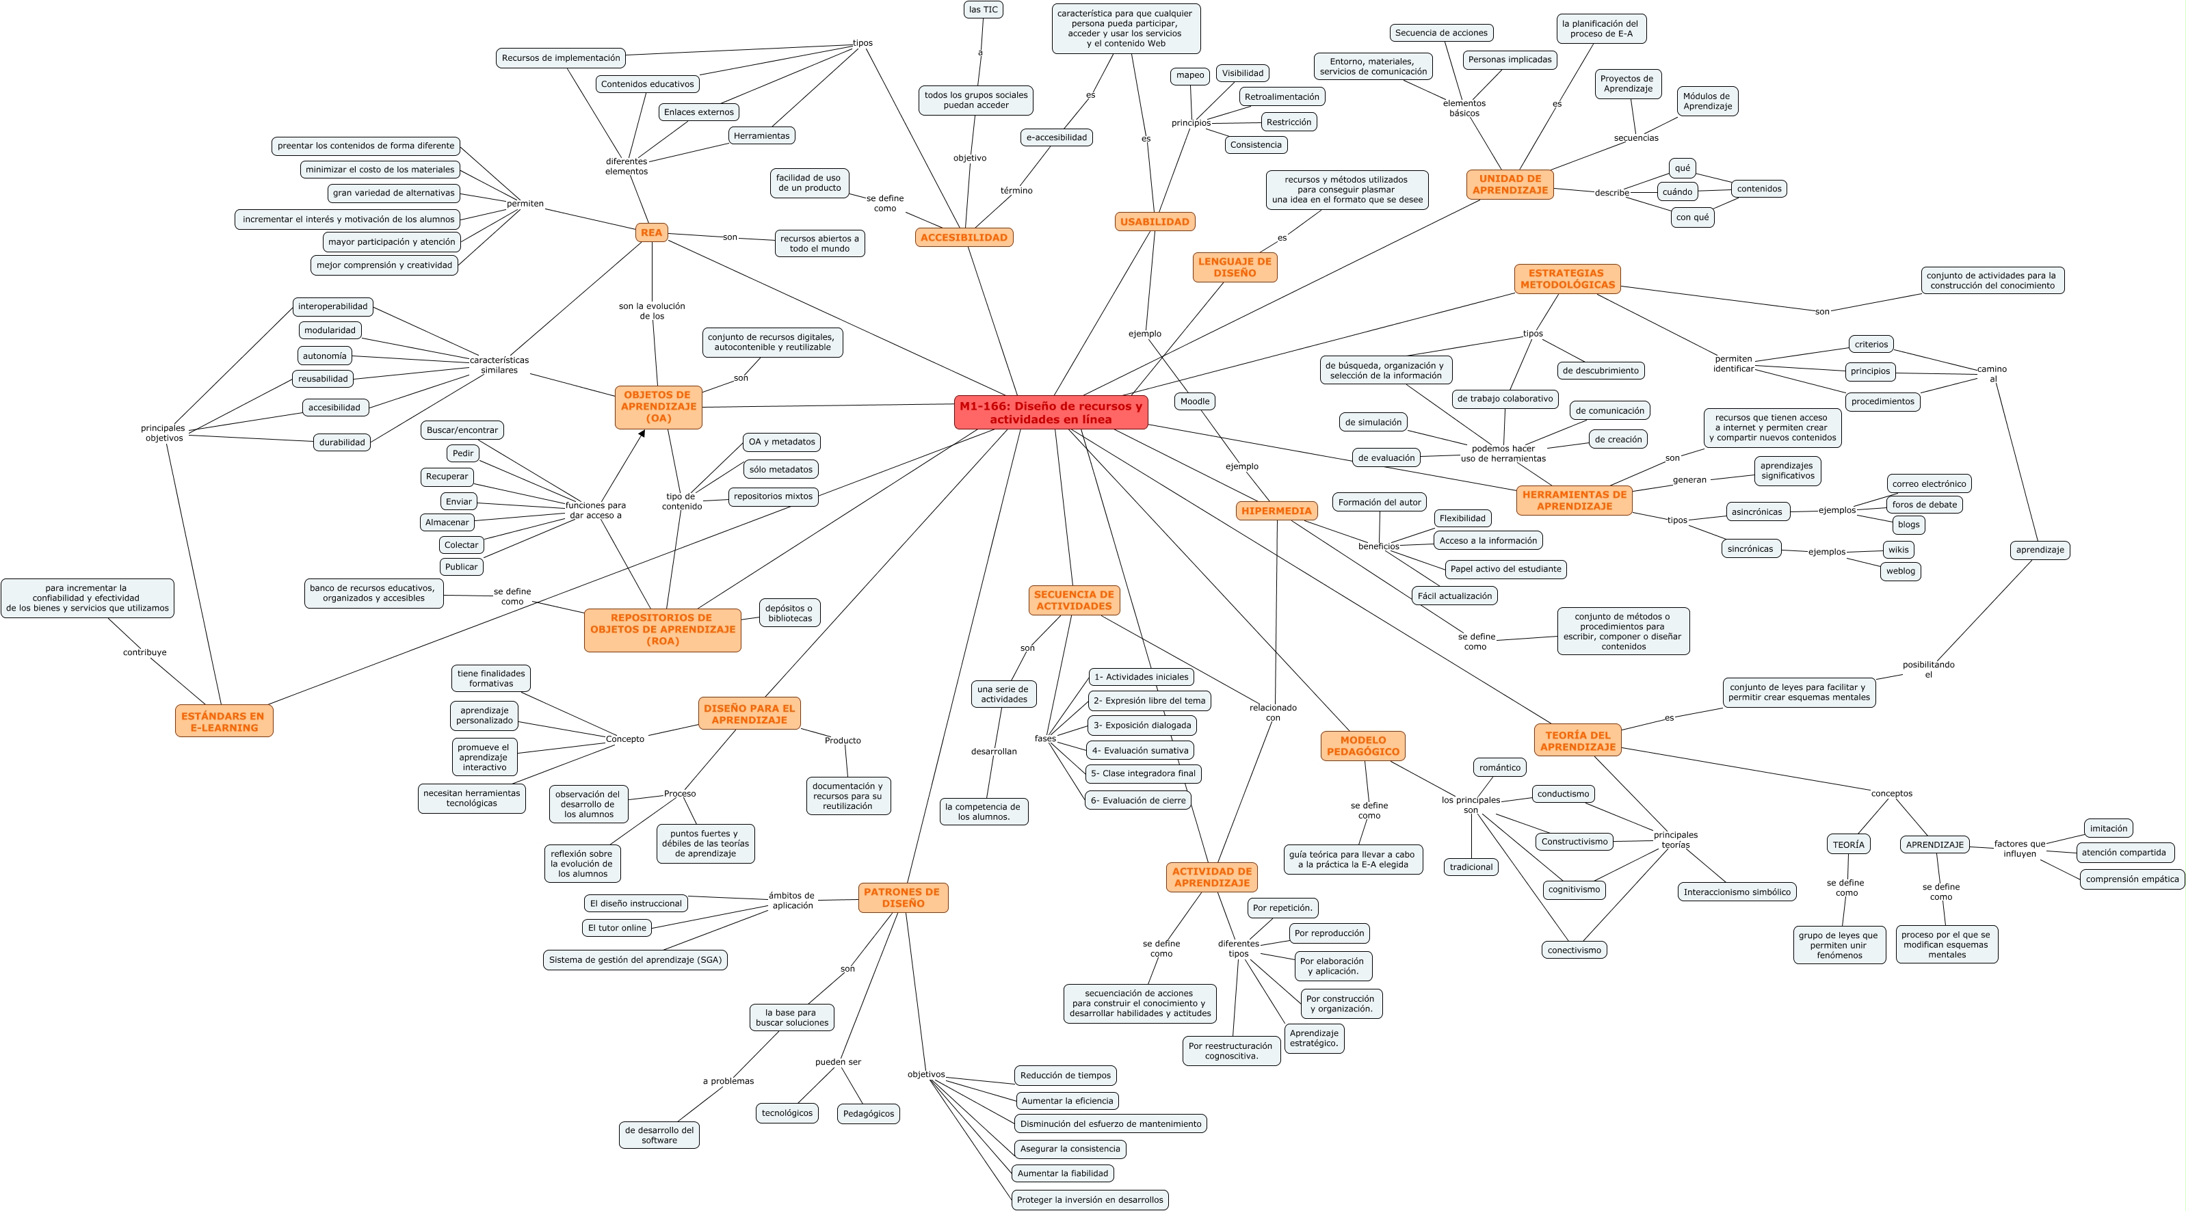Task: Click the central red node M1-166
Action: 1051,412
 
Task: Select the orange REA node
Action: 651,232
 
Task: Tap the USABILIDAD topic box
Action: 1154,222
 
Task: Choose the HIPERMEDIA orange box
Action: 1276,511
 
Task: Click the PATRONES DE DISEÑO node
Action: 902,897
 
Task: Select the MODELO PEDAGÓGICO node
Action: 1363,746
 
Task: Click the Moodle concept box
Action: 1195,401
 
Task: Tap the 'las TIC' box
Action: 984,10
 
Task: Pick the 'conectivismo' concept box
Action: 1574,950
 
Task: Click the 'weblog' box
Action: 1900,571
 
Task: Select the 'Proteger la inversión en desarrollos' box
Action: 1090,1199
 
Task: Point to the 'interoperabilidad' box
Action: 332,306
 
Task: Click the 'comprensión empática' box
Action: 2132,879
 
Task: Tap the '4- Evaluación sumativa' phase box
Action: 1140,750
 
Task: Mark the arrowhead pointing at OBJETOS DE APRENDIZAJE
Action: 642,434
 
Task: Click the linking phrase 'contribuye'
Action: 144,652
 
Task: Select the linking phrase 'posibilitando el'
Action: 1928,669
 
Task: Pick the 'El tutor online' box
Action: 617,927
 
